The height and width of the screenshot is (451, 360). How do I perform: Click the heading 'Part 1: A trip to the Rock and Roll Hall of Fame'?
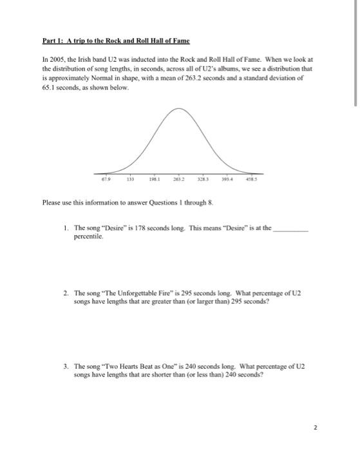click(115, 41)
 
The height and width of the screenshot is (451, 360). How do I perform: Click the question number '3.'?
click(66, 365)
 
